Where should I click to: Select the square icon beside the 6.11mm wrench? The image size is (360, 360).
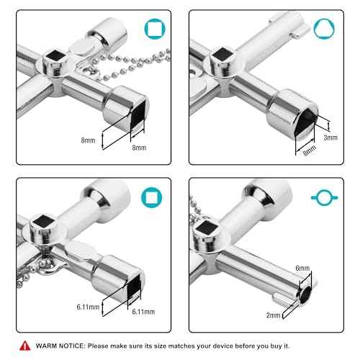click(x=151, y=197)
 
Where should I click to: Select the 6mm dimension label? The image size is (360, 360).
click(x=303, y=268)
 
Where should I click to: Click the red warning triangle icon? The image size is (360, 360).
click(x=25, y=346)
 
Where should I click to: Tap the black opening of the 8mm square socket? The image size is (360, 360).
click(x=119, y=124)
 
